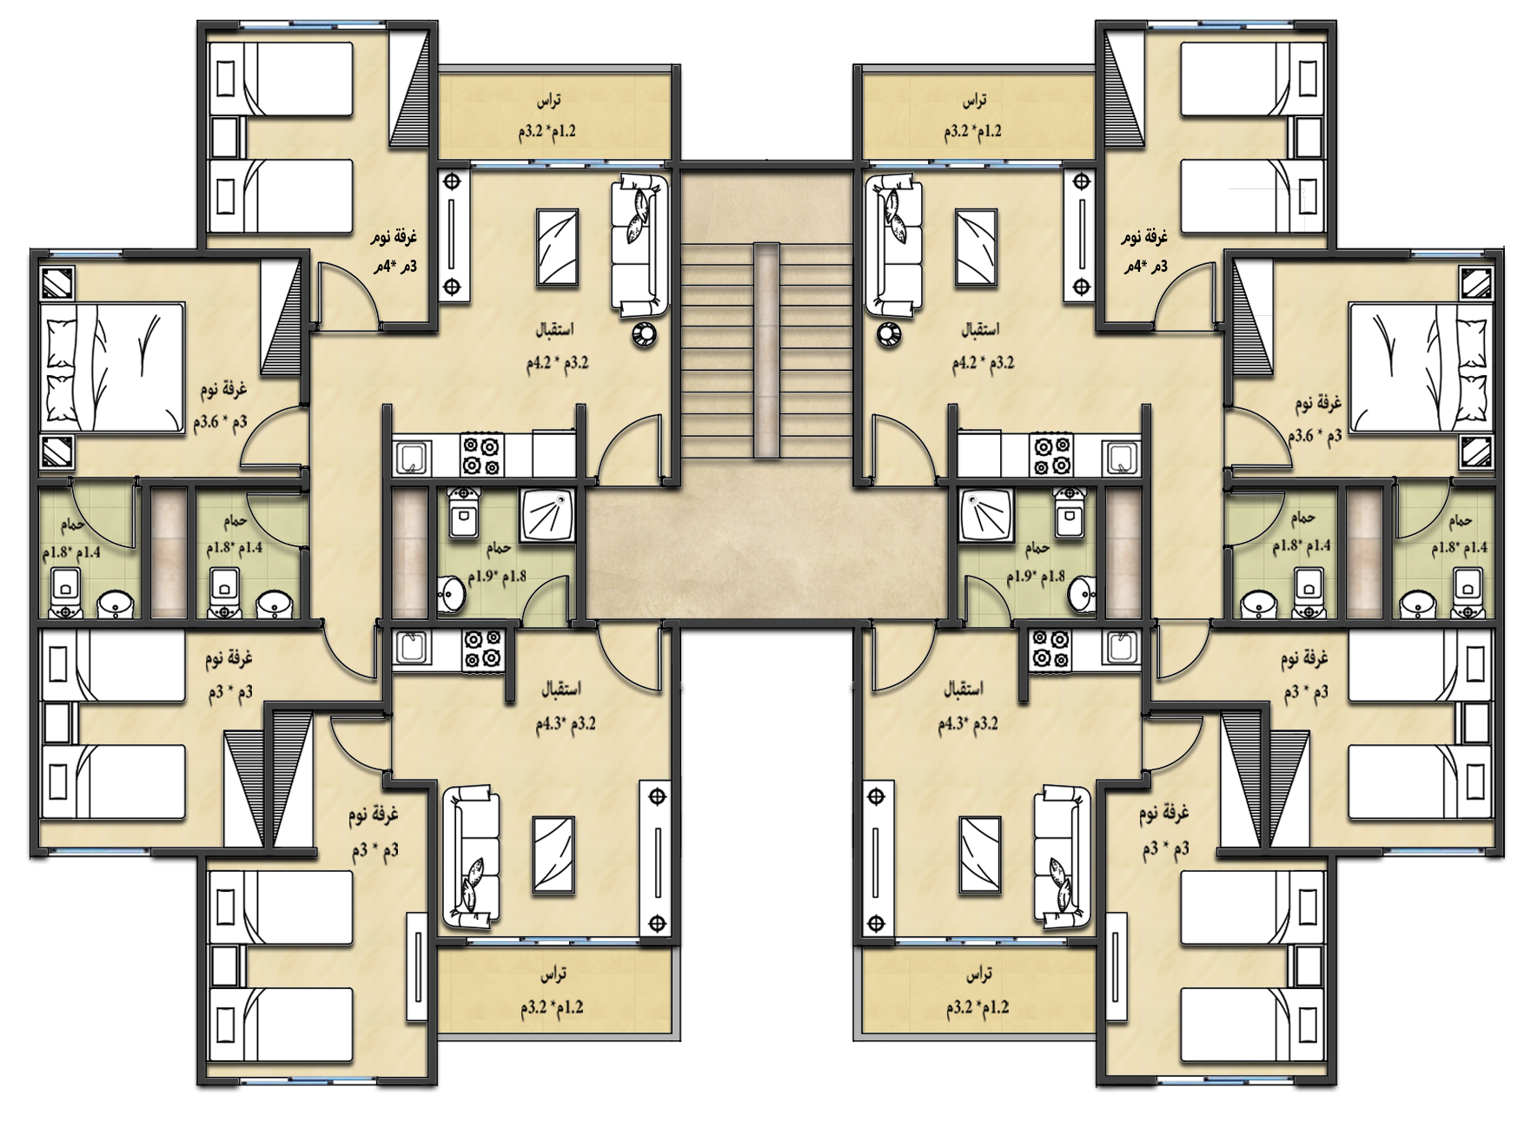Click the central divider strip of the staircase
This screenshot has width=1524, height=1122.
[766, 350]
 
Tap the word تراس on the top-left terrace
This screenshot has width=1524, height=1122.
[547, 101]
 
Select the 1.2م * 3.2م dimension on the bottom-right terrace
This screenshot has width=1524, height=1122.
[982, 1007]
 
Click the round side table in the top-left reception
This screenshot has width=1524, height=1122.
[644, 333]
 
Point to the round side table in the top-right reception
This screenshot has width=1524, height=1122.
[888, 333]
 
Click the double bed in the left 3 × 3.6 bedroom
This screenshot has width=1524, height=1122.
[114, 366]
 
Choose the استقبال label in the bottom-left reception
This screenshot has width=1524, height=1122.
[561, 689]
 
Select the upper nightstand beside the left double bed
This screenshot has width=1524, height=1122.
[58, 283]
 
